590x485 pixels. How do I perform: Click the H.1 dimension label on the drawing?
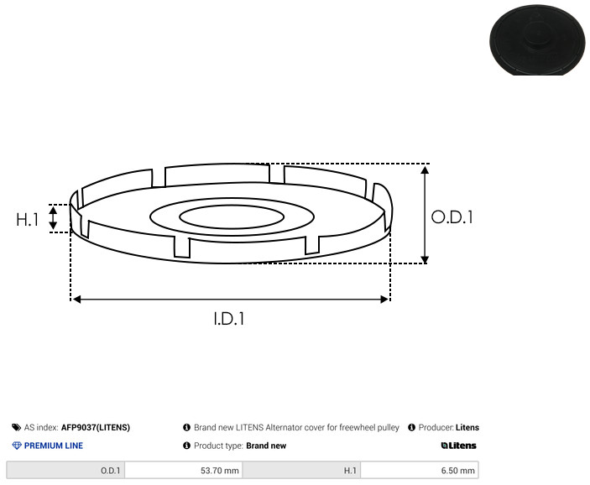click(x=28, y=219)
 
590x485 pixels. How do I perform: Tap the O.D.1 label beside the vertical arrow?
click(x=452, y=217)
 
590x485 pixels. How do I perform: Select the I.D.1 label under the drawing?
click(x=229, y=319)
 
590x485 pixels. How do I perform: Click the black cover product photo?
click(x=537, y=39)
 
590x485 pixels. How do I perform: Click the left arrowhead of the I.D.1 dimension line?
click(x=76, y=299)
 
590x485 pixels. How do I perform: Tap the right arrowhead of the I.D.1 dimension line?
click(x=384, y=299)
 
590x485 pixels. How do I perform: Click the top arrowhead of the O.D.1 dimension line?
click(x=425, y=169)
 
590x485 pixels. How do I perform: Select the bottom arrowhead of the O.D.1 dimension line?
click(x=425, y=259)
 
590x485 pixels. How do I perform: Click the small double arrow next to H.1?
click(x=53, y=218)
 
